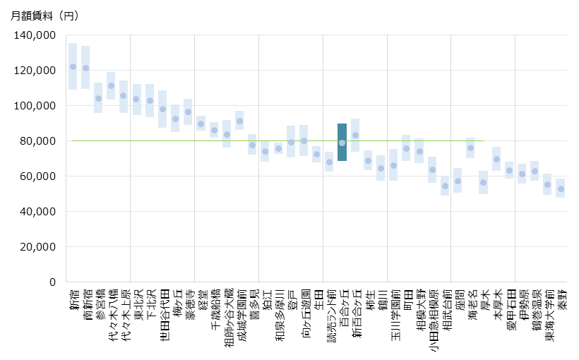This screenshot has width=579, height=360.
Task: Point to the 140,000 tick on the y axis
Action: coord(35,35)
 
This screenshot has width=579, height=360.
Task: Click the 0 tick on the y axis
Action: coord(52,282)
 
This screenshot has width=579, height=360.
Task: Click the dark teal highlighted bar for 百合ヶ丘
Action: coord(342,143)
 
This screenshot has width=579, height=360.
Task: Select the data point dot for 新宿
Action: coord(73,67)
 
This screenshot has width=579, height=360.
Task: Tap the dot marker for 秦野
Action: coord(561,189)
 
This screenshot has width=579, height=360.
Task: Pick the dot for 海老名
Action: coord(470,148)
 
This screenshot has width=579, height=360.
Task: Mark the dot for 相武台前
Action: coord(445,186)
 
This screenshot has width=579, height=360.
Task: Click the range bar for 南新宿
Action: coord(85,67)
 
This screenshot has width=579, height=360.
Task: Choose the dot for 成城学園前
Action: coord(239,121)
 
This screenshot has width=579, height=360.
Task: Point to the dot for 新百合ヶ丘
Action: coord(355,136)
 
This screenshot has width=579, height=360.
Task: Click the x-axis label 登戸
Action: coord(291,300)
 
